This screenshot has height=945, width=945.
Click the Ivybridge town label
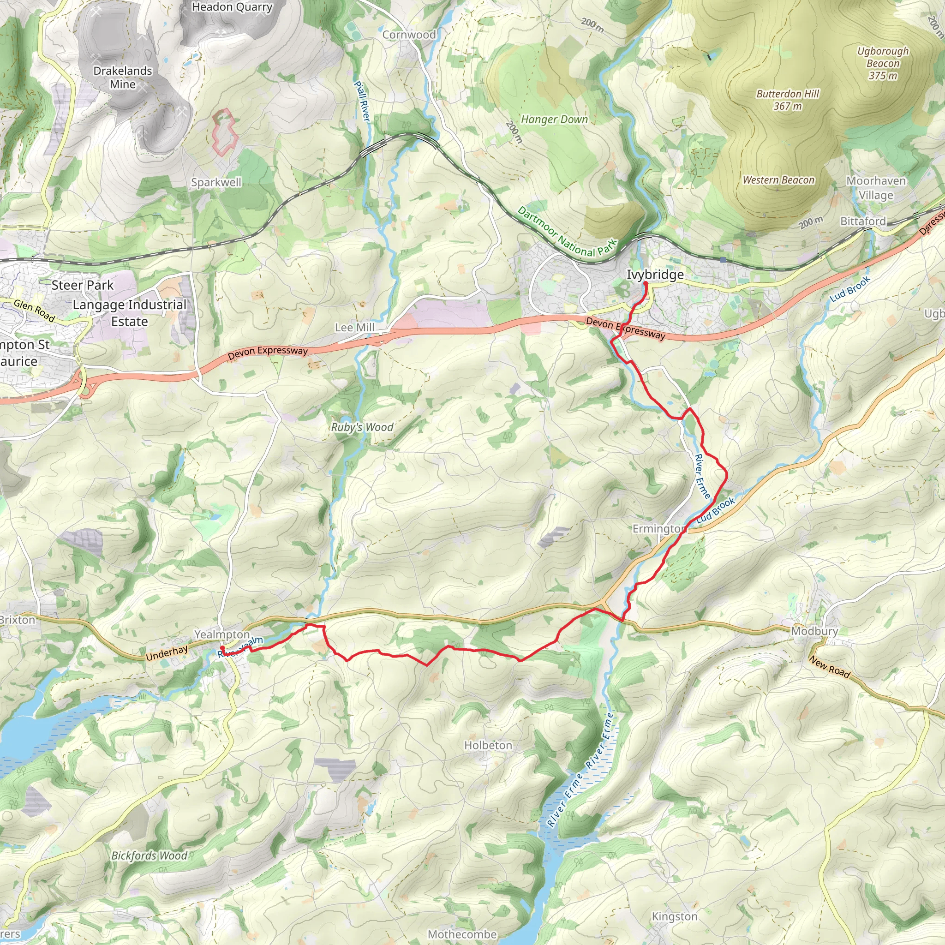tap(655, 275)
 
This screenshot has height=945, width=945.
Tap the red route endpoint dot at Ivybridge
tap(646, 283)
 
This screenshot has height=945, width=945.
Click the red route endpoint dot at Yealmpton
tap(222, 648)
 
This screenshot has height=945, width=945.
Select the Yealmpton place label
tap(222, 634)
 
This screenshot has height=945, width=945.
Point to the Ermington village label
tap(659, 529)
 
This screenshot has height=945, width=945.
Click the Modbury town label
tap(814, 631)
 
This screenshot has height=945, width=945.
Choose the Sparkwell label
tap(216, 182)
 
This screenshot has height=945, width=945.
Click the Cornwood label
tap(409, 35)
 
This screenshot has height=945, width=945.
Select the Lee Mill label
tap(355, 327)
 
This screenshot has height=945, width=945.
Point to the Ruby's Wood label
tap(362, 427)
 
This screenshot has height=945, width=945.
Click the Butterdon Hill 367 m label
tap(788, 100)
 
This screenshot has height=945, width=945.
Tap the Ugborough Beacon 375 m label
tap(883, 63)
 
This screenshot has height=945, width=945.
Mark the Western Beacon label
tap(779, 180)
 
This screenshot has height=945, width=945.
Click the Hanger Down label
tap(554, 120)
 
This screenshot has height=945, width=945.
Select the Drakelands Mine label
tap(123, 77)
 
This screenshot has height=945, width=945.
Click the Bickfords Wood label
tap(149, 855)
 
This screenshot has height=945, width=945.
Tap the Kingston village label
tap(675, 916)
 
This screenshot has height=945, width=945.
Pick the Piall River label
tap(362, 101)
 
